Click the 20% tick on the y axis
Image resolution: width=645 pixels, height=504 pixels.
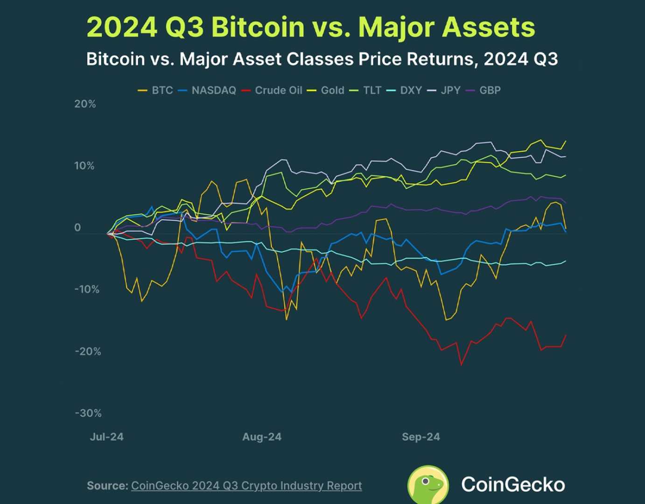[85, 104]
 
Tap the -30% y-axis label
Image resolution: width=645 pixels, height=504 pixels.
[88, 413]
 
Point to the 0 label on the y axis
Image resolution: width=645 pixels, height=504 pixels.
[77, 228]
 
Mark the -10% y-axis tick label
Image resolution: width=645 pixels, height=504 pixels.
[87, 289]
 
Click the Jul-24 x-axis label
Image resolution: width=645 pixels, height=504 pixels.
[107, 437]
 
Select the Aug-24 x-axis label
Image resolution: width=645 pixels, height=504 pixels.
[262, 437]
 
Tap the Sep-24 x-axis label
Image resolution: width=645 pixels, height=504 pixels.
[421, 437]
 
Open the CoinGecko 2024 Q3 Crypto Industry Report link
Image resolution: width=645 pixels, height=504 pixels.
[246, 486]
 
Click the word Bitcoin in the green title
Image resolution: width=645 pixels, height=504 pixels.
[258, 27]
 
